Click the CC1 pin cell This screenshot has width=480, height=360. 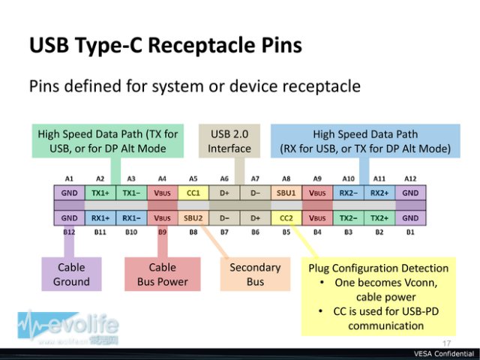click(x=193, y=193)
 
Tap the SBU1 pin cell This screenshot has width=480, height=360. click(x=286, y=193)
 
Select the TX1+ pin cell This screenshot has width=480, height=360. click(x=100, y=193)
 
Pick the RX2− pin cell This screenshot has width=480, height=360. click(x=348, y=193)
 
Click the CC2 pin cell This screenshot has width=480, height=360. click(x=286, y=218)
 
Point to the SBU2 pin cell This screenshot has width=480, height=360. click(x=193, y=218)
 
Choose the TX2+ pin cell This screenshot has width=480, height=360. click(x=379, y=218)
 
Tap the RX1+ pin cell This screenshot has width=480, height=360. click(x=100, y=218)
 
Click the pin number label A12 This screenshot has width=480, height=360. click(x=410, y=178)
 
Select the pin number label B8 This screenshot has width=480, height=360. click(x=193, y=232)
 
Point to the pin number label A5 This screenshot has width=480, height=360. click(x=193, y=178)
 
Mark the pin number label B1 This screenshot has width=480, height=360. click(x=410, y=232)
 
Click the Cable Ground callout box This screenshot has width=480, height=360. click(x=71, y=274)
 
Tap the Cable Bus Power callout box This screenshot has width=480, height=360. click(x=163, y=274)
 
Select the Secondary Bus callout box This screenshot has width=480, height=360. click(x=255, y=274)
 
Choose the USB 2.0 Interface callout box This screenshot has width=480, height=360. click(x=229, y=141)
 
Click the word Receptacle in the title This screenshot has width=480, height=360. click(x=202, y=45)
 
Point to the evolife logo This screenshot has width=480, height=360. click(x=68, y=328)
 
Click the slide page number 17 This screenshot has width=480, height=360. click(x=446, y=343)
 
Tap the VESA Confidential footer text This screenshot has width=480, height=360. click(x=444, y=354)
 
